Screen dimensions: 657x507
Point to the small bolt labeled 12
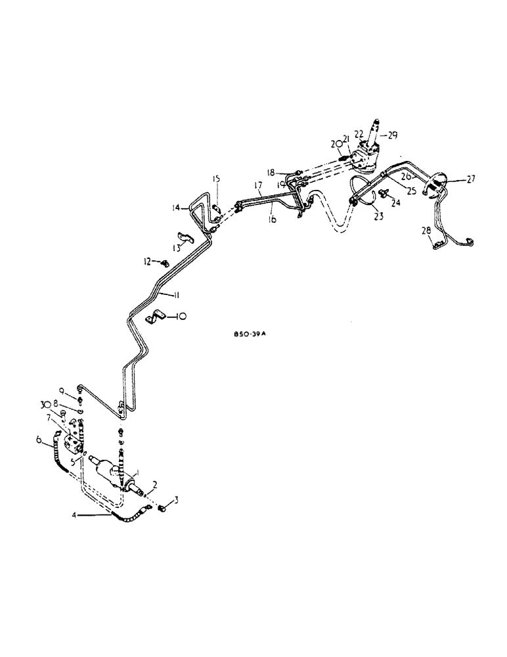164,263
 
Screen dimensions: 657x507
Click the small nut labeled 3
166,507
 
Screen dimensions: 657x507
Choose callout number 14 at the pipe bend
175,208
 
